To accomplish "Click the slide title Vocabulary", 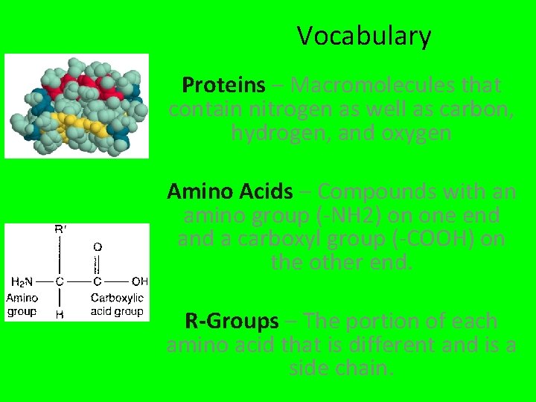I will coord(364,36).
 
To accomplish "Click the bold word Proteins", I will coord(223,86).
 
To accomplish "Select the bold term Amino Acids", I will coord(230,192).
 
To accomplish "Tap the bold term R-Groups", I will coord(232,322).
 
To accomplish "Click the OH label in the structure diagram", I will coord(138,281).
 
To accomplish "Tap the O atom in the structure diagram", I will coord(98,246).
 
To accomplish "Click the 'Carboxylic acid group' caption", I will coord(117,304).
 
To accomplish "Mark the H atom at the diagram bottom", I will coord(60,314).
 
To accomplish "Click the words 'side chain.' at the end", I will coord(341,368).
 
